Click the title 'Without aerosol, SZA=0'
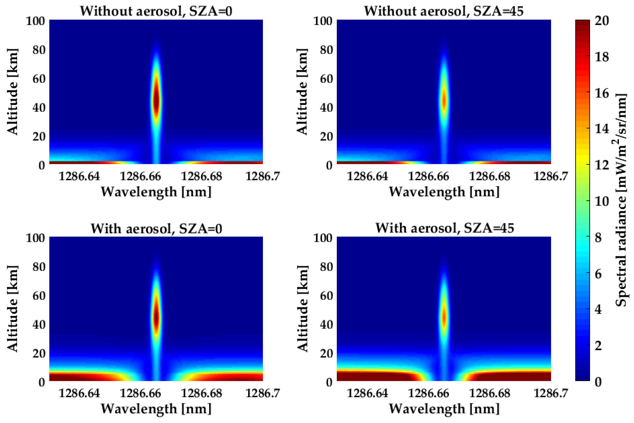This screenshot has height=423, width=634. click(x=156, y=11)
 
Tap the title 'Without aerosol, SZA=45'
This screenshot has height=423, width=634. click(x=444, y=11)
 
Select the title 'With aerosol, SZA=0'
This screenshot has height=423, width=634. click(x=156, y=229)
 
